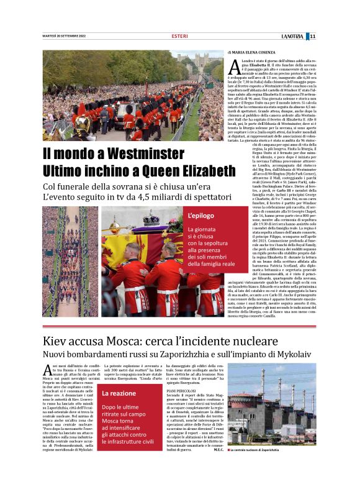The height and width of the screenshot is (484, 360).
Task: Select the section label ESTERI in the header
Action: (x=179, y=36)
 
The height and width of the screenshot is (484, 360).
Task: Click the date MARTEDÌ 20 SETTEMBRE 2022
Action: (x=64, y=36)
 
